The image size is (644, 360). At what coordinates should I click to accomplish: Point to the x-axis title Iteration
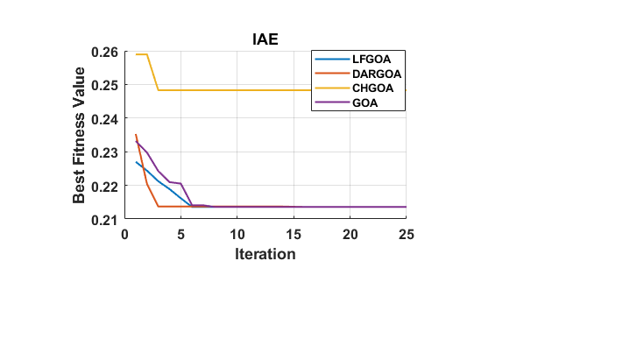point(265,255)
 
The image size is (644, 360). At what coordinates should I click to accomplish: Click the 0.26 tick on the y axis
point(104,52)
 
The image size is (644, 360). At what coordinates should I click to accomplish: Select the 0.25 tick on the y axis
point(104,85)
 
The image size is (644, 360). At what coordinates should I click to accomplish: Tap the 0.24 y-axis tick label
point(104,118)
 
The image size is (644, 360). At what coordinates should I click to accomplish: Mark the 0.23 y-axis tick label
point(104,152)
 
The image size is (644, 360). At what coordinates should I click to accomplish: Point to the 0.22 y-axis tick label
point(104,186)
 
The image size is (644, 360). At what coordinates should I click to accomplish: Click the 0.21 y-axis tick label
point(104,219)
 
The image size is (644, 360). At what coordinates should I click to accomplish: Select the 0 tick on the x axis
point(124,235)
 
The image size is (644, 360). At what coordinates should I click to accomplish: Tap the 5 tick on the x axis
point(180,235)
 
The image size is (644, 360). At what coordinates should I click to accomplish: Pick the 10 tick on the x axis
point(237,235)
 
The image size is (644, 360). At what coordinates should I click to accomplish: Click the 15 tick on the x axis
point(294,235)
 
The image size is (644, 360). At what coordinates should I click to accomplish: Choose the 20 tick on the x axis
point(350,235)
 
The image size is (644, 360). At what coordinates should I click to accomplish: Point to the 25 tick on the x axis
point(407,235)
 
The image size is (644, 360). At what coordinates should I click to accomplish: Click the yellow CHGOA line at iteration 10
point(237,90)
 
